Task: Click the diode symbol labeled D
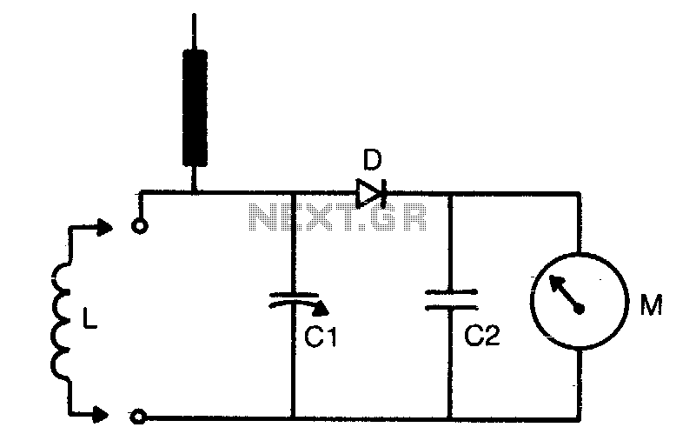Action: (370, 192)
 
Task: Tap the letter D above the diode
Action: (373, 159)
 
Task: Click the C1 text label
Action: (321, 336)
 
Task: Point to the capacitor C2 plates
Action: (451, 300)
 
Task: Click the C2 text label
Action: (482, 334)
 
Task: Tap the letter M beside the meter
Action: (651, 304)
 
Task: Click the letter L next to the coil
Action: (89, 319)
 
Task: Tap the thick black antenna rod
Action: (195, 108)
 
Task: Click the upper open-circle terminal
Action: (140, 226)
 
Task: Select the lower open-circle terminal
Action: (138, 417)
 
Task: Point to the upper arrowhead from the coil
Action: (104, 227)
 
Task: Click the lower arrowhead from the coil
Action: (102, 414)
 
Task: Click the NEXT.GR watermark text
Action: (338, 217)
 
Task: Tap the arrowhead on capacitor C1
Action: (321, 308)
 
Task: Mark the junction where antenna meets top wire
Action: (195, 191)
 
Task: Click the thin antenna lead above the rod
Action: (194, 31)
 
